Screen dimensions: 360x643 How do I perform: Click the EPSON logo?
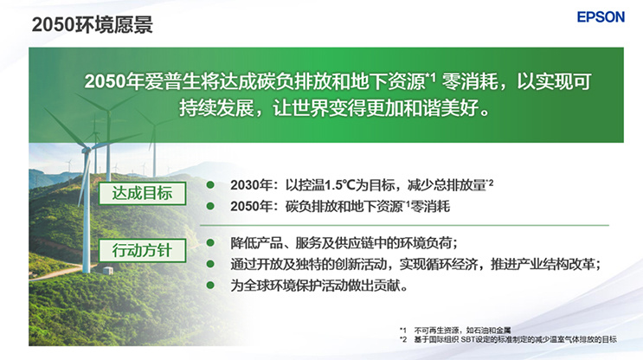[601, 17]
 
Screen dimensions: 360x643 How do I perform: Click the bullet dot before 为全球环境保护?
[209, 285]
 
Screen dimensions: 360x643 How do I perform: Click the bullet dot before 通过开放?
[209, 263]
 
